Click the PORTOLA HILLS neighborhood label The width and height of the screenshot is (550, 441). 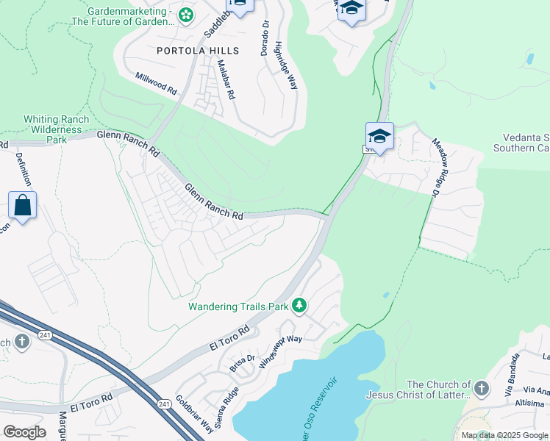coord(198,51)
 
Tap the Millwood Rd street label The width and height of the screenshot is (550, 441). coord(156,82)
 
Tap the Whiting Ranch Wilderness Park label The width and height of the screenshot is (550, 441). coord(57,129)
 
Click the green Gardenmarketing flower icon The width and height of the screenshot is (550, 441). coord(187,14)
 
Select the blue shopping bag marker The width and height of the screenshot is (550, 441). coord(23,206)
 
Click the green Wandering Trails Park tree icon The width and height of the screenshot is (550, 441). coord(299,305)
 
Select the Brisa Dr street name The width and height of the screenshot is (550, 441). coord(241,362)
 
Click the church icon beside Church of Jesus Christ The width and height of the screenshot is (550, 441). coord(482,388)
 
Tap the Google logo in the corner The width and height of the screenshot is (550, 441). coord(24,431)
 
